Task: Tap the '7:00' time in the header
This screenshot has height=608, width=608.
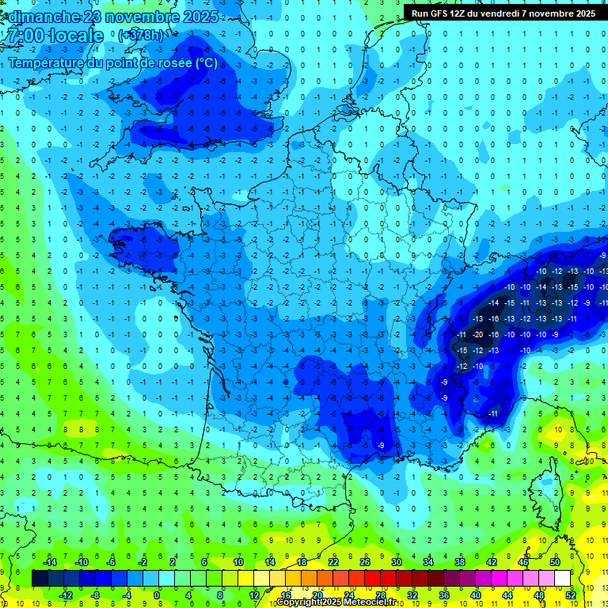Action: [x=24, y=36]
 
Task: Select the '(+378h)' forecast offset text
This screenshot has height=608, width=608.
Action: [x=141, y=36]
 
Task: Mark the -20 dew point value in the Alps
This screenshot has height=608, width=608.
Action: [x=478, y=334]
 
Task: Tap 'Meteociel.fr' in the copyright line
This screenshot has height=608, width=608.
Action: [x=370, y=602]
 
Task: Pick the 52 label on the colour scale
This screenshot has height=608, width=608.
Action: [x=570, y=595]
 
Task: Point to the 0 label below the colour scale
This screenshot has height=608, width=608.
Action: [x=157, y=595]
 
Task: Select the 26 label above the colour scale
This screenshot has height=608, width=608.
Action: [x=365, y=561]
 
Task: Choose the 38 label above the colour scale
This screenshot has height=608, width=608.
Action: [x=460, y=561]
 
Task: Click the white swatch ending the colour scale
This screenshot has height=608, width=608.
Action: [x=562, y=578]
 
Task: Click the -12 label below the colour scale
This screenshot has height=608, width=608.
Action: [x=66, y=595]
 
